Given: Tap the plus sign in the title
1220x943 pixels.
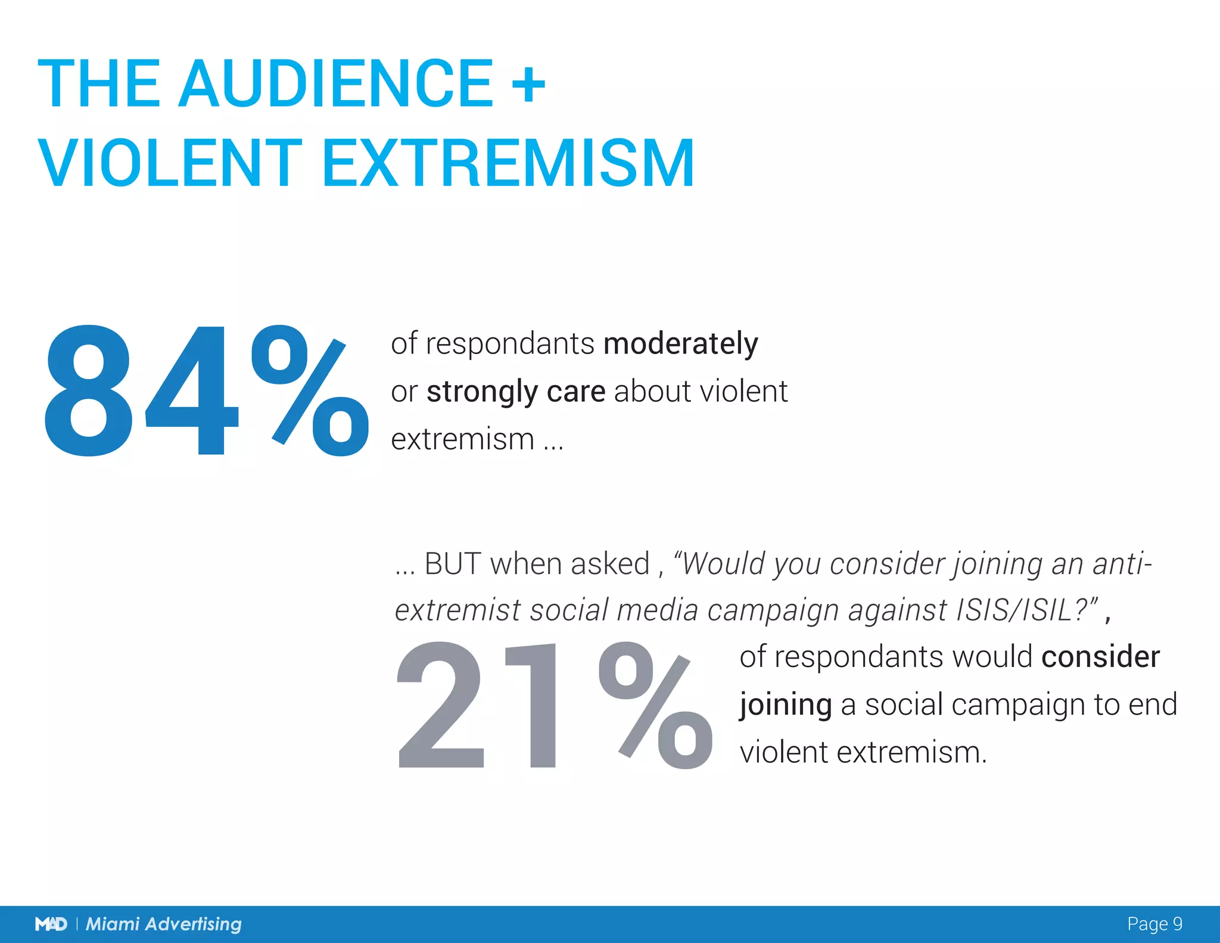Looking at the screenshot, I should [528, 85].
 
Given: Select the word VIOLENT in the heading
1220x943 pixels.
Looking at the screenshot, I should [170, 163].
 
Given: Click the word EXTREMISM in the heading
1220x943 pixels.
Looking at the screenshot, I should [508, 163].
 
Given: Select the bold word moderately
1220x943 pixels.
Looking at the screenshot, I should [680, 344].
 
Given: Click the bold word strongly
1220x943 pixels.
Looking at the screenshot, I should [482, 393].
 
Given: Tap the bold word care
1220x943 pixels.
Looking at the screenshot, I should [575, 392].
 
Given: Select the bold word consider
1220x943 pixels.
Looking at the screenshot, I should [1100, 657].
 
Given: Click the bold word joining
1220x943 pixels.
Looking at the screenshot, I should [785, 706].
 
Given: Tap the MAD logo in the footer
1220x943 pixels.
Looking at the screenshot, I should [51, 924].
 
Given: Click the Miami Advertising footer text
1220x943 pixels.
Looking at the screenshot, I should [164, 924].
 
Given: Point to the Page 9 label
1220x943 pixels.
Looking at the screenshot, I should [1154, 924].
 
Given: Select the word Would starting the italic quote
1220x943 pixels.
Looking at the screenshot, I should [723, 564].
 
